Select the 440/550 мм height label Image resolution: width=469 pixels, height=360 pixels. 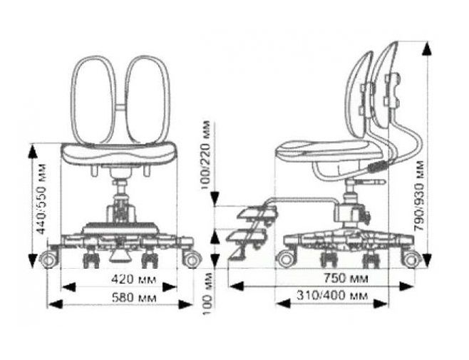point(41,202)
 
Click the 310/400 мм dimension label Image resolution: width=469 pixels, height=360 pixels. point(330,294)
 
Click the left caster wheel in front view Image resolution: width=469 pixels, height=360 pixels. point(48,259)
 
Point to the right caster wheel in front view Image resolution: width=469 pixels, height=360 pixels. point(191,259)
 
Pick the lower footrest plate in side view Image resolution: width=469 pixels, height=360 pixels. point(246,235)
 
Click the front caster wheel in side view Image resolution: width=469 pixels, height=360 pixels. point(286,257)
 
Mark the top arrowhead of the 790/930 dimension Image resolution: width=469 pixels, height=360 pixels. point(429,47)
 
